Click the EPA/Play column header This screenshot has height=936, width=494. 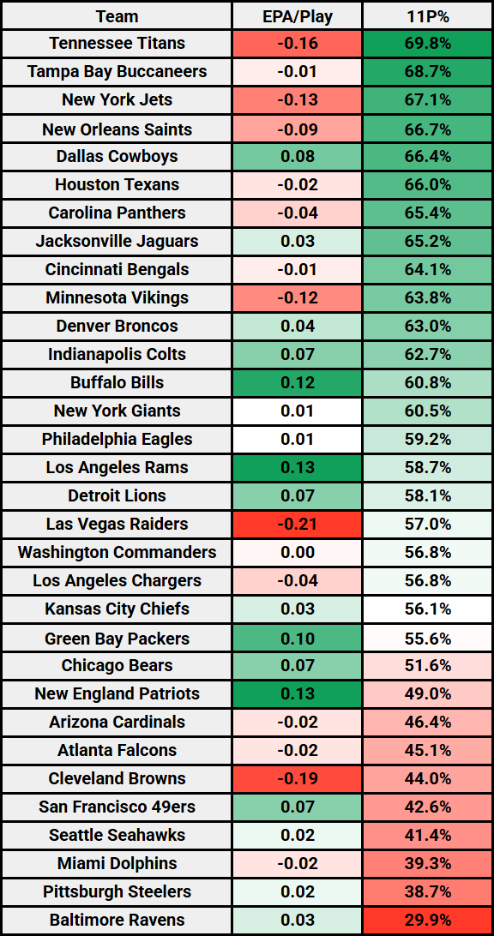click(297, 16)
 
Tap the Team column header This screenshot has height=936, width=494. click(117, 16)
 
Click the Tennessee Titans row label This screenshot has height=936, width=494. click(117, 44)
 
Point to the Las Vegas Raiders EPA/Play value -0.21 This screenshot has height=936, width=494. click(297, 525)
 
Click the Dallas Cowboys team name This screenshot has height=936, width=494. click(117, 157)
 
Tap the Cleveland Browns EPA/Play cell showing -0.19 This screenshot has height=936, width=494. click(297, 779)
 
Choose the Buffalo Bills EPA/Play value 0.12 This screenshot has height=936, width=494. click(297, 383)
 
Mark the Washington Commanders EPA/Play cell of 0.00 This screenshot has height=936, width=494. click(297, 553)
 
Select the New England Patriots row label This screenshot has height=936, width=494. click(117, 694)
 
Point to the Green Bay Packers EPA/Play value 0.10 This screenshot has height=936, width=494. click(297, 639)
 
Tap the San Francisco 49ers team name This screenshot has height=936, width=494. click(117, 807)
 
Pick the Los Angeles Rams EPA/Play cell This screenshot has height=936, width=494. click(297, 468)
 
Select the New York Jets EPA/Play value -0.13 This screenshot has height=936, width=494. click(297, 100)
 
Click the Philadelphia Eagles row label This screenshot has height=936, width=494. click(117, 440)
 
